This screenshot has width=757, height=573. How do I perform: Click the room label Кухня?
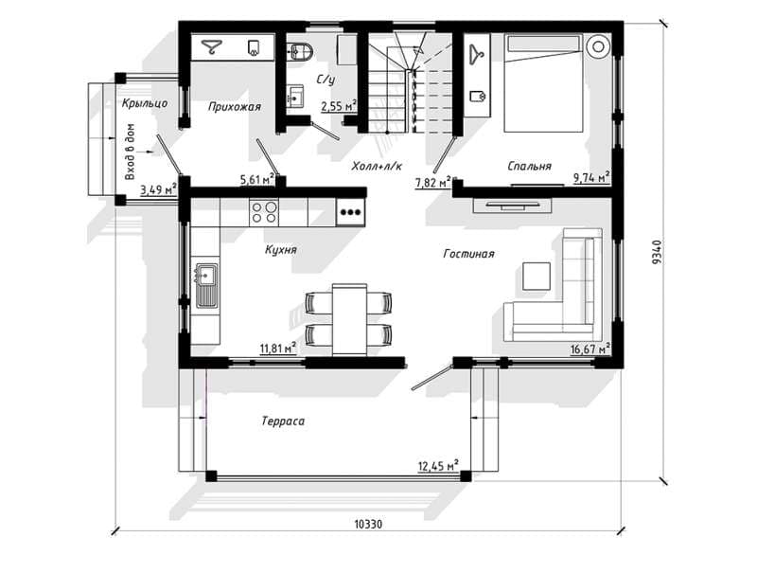point(280,250)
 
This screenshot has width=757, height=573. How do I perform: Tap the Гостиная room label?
point(468,254)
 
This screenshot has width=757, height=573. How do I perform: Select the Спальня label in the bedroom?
point(529,166)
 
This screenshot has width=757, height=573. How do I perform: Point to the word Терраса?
point(283,421)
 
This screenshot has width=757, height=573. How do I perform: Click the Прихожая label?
point(235,107)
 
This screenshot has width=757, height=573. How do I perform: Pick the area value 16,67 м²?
point(590,349)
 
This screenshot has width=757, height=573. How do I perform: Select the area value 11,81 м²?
point(277,348)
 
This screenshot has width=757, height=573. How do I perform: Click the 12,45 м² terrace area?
point(438,466)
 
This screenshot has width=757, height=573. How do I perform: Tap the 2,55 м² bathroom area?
point(339,106)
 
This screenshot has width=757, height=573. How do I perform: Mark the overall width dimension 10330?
point(368,524)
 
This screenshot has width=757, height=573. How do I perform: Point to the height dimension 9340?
point(657,252)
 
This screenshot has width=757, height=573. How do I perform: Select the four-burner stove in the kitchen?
point(264,212)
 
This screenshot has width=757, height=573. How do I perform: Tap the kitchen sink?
point(206,285)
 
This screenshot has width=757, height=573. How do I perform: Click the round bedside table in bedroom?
point(598,46)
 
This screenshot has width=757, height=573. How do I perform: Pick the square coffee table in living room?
point(537,277)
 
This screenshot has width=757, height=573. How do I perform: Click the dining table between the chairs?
point(349,320)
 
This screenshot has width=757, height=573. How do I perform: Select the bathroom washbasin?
point(295,96)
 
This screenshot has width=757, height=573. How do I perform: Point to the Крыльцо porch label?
point(145,103)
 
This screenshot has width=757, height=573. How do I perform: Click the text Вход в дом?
point(131,152)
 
